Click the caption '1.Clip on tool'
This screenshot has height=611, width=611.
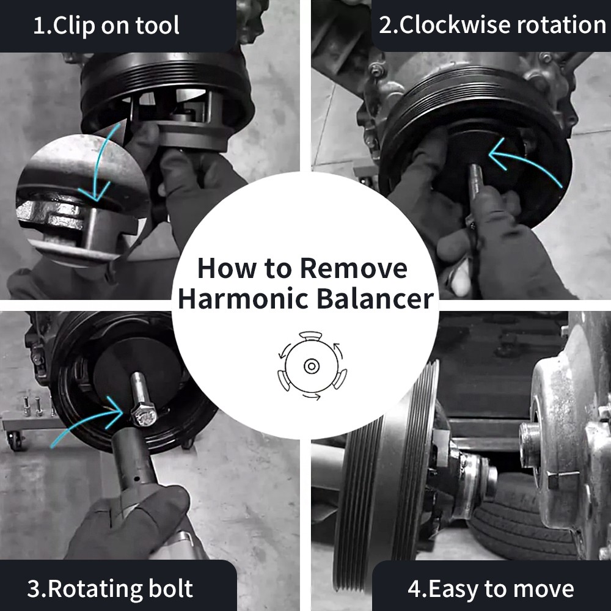coord(106,26)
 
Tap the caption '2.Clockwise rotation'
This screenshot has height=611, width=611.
coord(492,25)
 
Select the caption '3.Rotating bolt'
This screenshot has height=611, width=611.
coord(110,588)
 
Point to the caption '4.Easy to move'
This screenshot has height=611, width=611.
coord(491,588)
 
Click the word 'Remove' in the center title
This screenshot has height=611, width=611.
coord(354,268)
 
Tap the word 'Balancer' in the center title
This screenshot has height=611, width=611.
coord(375,299)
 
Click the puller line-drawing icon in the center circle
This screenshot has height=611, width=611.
coord(312,366)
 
